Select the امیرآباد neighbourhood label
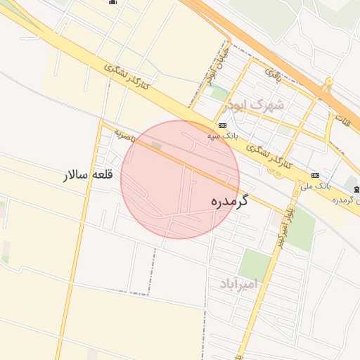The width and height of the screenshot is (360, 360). point(239,283)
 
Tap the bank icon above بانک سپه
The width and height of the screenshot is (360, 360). point(223,125)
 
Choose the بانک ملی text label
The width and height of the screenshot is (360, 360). point(314,186)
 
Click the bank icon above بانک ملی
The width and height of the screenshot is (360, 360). point(314,175)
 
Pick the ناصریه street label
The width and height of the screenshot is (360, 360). point(124,134)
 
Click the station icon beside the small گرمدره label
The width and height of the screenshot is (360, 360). point(357,190)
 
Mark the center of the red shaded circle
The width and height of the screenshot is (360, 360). point(180,179)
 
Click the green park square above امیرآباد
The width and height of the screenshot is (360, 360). point(254,264)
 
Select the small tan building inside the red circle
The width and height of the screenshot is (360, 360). point(156,146)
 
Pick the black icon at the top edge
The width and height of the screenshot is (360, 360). point(112,2)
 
